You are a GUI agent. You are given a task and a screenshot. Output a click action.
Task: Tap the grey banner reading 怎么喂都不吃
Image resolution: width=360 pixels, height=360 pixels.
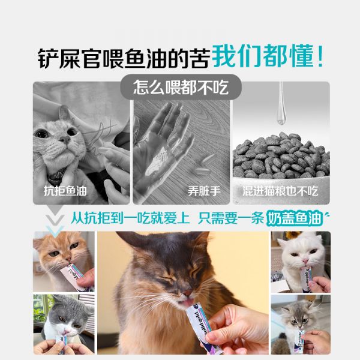click(181, 87)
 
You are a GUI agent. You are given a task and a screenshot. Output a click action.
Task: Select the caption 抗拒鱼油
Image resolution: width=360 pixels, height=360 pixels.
click(65, 191)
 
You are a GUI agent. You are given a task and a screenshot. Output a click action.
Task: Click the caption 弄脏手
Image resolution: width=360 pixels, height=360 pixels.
click(204, 191)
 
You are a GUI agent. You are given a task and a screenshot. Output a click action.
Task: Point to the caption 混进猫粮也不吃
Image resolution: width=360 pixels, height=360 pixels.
click(280, 191)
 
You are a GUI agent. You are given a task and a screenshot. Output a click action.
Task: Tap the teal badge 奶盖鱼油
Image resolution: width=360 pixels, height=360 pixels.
click(295, 218)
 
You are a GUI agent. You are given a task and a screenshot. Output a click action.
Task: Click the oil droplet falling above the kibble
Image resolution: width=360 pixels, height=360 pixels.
click(281, 108)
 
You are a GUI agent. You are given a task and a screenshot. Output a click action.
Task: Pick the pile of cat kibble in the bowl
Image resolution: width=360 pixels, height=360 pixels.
click(281, 156)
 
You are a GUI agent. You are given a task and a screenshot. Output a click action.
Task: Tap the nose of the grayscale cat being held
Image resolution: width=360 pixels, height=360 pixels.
click(64, 139)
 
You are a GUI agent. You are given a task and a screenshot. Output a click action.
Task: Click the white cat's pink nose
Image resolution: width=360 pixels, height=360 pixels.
click(305, 261)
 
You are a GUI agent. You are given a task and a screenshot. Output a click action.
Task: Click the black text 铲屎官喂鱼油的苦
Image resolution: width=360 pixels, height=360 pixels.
click(124, 58)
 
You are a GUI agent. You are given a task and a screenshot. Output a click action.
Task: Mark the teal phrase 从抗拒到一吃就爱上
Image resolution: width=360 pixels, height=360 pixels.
click(130, 218)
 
